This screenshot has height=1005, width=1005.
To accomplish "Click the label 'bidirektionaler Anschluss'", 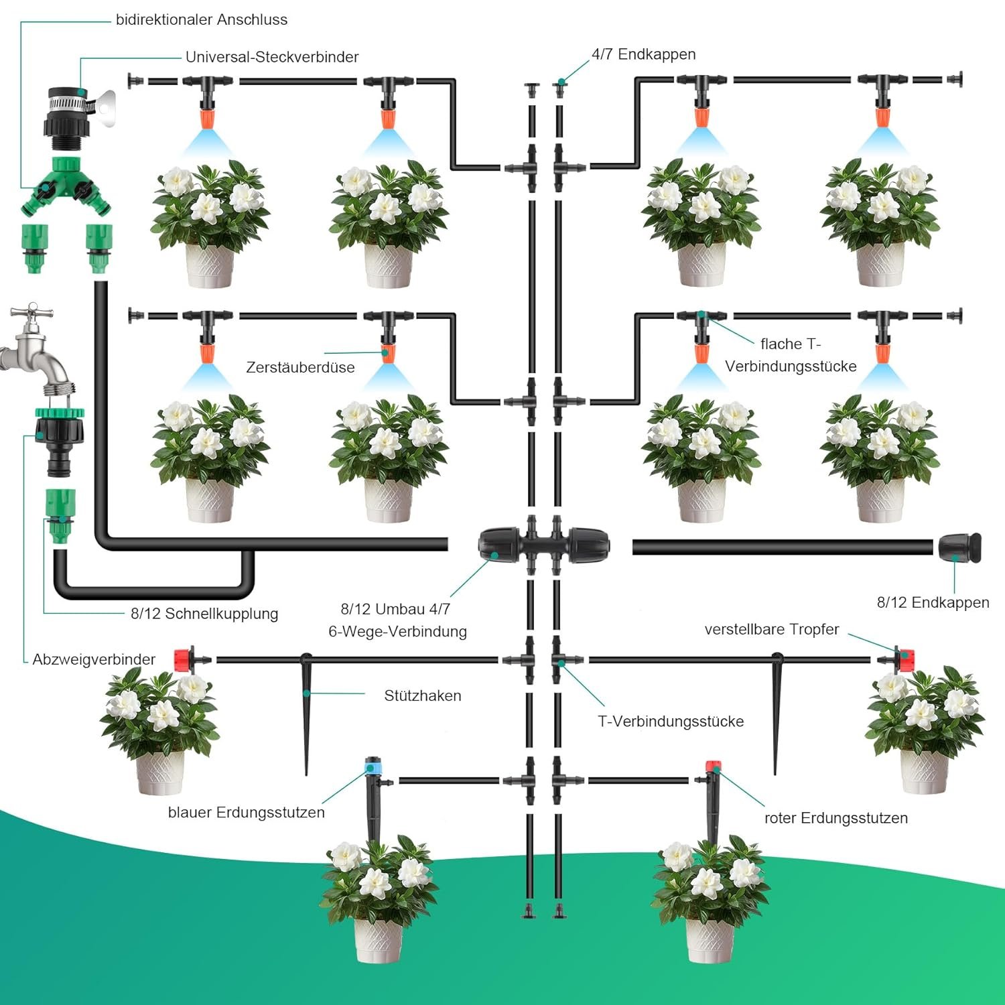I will click(201, 20).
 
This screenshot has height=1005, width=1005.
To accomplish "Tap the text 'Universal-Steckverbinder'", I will click(272, 57).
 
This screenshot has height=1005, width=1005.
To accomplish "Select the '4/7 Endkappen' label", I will click(643, 54).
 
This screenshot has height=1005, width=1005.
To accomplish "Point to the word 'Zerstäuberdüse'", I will click(300, 367).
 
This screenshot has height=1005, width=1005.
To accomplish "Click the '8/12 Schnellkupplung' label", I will click(204, 614).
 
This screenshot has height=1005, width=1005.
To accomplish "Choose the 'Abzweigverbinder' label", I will click(94, 659).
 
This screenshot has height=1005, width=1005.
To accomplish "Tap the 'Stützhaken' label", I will click(422, 695).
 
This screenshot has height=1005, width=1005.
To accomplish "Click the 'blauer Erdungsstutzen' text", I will click(246, 813).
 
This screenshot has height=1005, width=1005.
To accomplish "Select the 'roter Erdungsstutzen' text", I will click(835, 818).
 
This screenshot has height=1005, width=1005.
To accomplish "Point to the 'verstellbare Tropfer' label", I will click(771, 630).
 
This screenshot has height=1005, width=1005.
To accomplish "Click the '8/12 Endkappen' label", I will click(933, 602).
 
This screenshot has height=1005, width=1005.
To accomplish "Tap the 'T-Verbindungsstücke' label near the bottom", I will click(670, 722).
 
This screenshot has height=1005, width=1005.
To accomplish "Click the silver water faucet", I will click(37, 352).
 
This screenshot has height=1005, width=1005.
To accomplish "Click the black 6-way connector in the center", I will click(543, 544).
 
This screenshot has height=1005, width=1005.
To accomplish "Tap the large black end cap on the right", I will click(959, 547).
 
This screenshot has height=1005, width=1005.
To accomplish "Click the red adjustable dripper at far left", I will click(184, 660).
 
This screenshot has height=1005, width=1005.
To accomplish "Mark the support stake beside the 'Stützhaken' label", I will click(307, 710).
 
